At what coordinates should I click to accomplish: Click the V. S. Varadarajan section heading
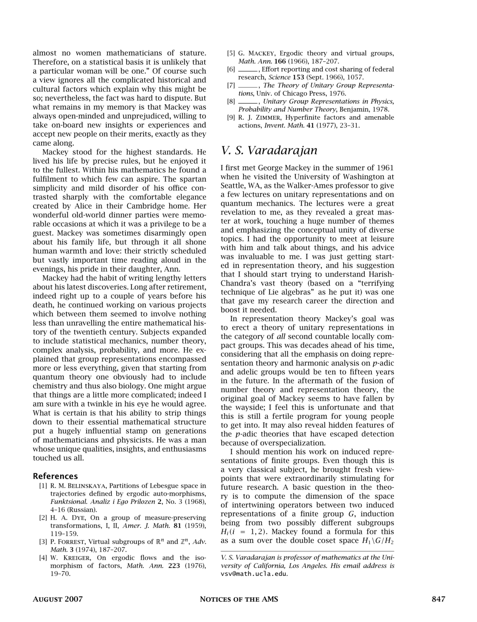[269, 151]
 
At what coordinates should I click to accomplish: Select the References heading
[56, 476]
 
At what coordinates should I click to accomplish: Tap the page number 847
[438, 599]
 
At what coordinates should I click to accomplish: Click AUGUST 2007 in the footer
[58, 599]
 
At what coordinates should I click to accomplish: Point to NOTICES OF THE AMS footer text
[238, 599]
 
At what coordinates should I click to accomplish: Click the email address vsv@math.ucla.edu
[254, 573]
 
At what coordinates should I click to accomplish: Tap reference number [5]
[231, 53]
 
